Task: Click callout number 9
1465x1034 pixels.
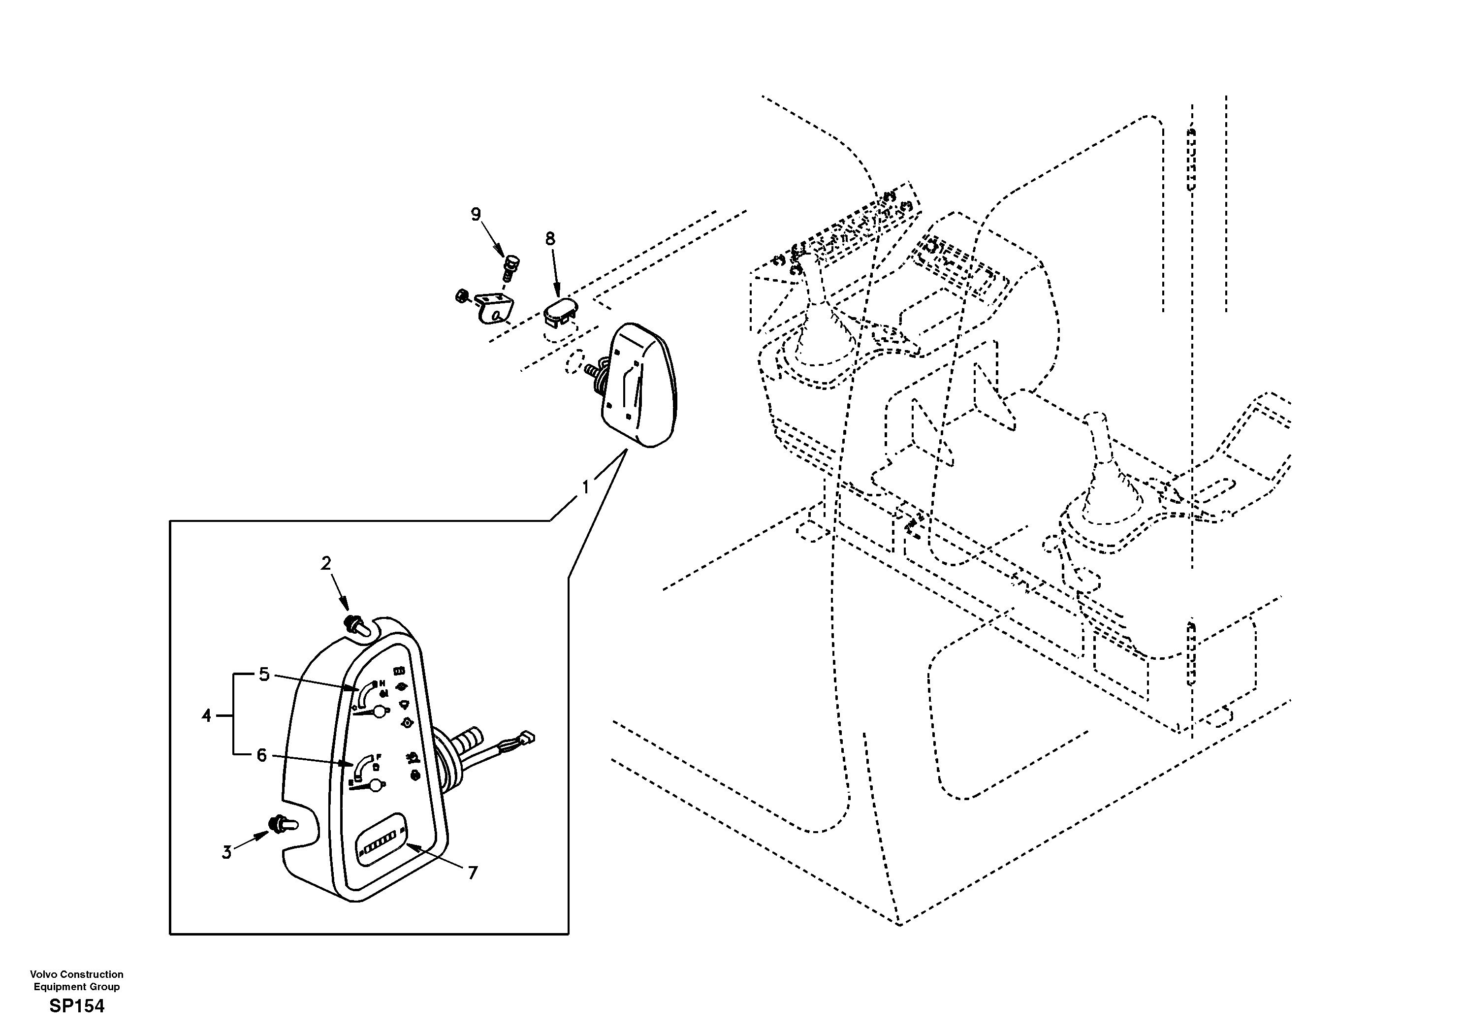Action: [x=476, y=215]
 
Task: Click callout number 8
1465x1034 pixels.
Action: [x=549, y=239]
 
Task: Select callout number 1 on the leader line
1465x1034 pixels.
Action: [x=586, y=487]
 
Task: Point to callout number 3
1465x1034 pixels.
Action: [x=226, y=852]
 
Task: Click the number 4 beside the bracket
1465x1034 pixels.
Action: [x=206, y=716]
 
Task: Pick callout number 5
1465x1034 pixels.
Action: [x=264, y=675]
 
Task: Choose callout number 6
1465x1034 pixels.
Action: [x=261, y=755]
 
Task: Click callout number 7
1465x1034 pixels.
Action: [x=472, y=872]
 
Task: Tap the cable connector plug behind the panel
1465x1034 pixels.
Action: [x=528, y=738]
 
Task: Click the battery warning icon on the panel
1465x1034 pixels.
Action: [x=399, y=671]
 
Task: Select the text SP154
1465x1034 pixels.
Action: [x=77, y=1006]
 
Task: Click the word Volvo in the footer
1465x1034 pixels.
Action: [x=43, y=974]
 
